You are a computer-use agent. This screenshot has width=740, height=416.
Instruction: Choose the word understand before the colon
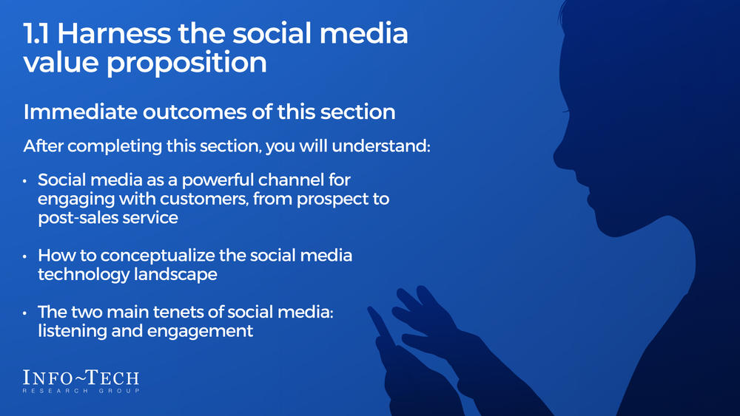[383, 146]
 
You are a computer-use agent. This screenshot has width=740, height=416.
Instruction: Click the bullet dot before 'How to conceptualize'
[26, 256]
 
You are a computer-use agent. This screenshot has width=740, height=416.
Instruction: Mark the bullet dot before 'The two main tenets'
[26, 313]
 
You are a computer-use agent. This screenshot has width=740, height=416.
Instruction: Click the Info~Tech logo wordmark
[81, 378]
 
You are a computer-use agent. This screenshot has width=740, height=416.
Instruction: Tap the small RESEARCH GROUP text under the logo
[81, 390]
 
